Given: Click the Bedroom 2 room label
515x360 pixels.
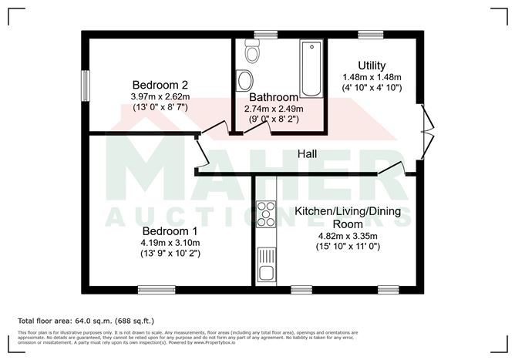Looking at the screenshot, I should click(160, 85).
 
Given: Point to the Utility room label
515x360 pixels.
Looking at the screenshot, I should click(372, 66).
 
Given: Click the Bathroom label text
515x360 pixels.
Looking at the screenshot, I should click(274, 97).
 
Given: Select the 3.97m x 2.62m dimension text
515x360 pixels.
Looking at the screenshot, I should click(160, 96).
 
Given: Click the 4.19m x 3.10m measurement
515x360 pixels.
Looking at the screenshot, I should click(169, 242).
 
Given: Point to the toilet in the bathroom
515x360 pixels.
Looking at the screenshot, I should click(251, 52).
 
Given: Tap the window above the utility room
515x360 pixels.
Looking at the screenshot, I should click(369, 34).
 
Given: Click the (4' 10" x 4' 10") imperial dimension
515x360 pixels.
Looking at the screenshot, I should click(372, 89).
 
